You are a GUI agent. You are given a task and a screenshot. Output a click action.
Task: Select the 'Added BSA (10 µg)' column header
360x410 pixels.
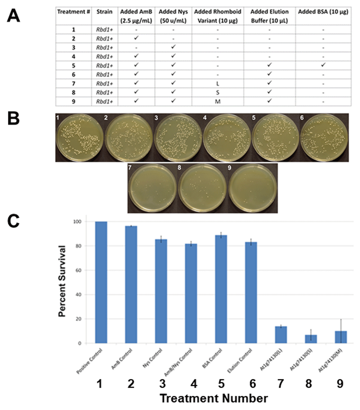[x=323, y=12]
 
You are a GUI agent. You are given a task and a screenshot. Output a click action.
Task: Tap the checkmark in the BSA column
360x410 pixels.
[x=323, y=65]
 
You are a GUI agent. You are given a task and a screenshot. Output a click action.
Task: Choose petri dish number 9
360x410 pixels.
[x=252, y=188]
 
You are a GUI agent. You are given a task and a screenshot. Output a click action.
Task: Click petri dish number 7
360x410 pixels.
[x=152, y=188]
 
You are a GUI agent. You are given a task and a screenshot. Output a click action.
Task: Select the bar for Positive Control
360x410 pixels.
[x=101, y=282]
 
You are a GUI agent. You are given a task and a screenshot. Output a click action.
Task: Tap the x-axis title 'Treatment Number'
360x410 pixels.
[x=213, y=398]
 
